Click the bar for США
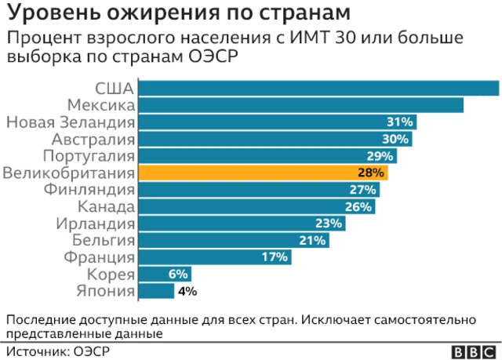point(318,88)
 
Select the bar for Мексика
point(300,105)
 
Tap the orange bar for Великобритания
point(263,173)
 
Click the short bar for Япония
point(156,291)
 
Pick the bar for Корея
point(164,274)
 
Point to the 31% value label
point(399,122)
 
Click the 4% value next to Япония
point(187,291)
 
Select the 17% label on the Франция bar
point(275,257)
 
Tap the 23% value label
point(329,224)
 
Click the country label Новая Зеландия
point(71,122)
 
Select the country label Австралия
point(93,139)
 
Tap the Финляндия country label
point(90,190)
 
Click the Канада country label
point(107,207)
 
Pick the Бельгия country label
point(104,241)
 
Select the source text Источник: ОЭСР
point(51,351)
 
